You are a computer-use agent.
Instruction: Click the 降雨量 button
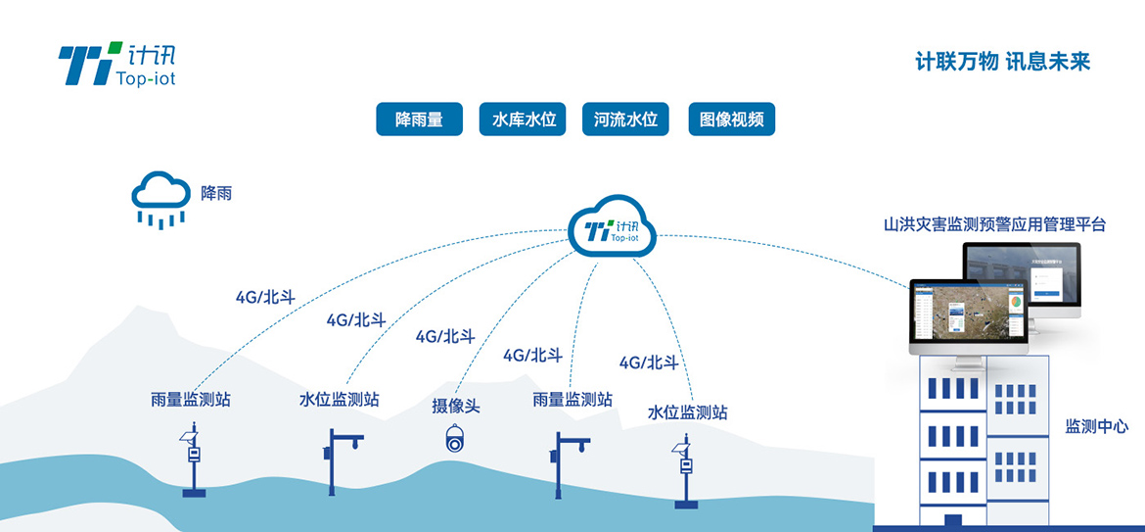[419, 120]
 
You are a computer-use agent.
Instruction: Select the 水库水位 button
[524, 120]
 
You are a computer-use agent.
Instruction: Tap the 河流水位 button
[625, 120]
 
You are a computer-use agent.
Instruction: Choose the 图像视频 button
[731, 120]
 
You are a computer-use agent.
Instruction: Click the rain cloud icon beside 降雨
[160, 198]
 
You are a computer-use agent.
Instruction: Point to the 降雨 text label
[216, 194]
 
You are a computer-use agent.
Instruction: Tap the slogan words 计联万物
[956, 62]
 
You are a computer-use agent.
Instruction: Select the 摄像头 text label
[456, 405]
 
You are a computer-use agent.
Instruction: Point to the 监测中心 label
[1096, 426]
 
